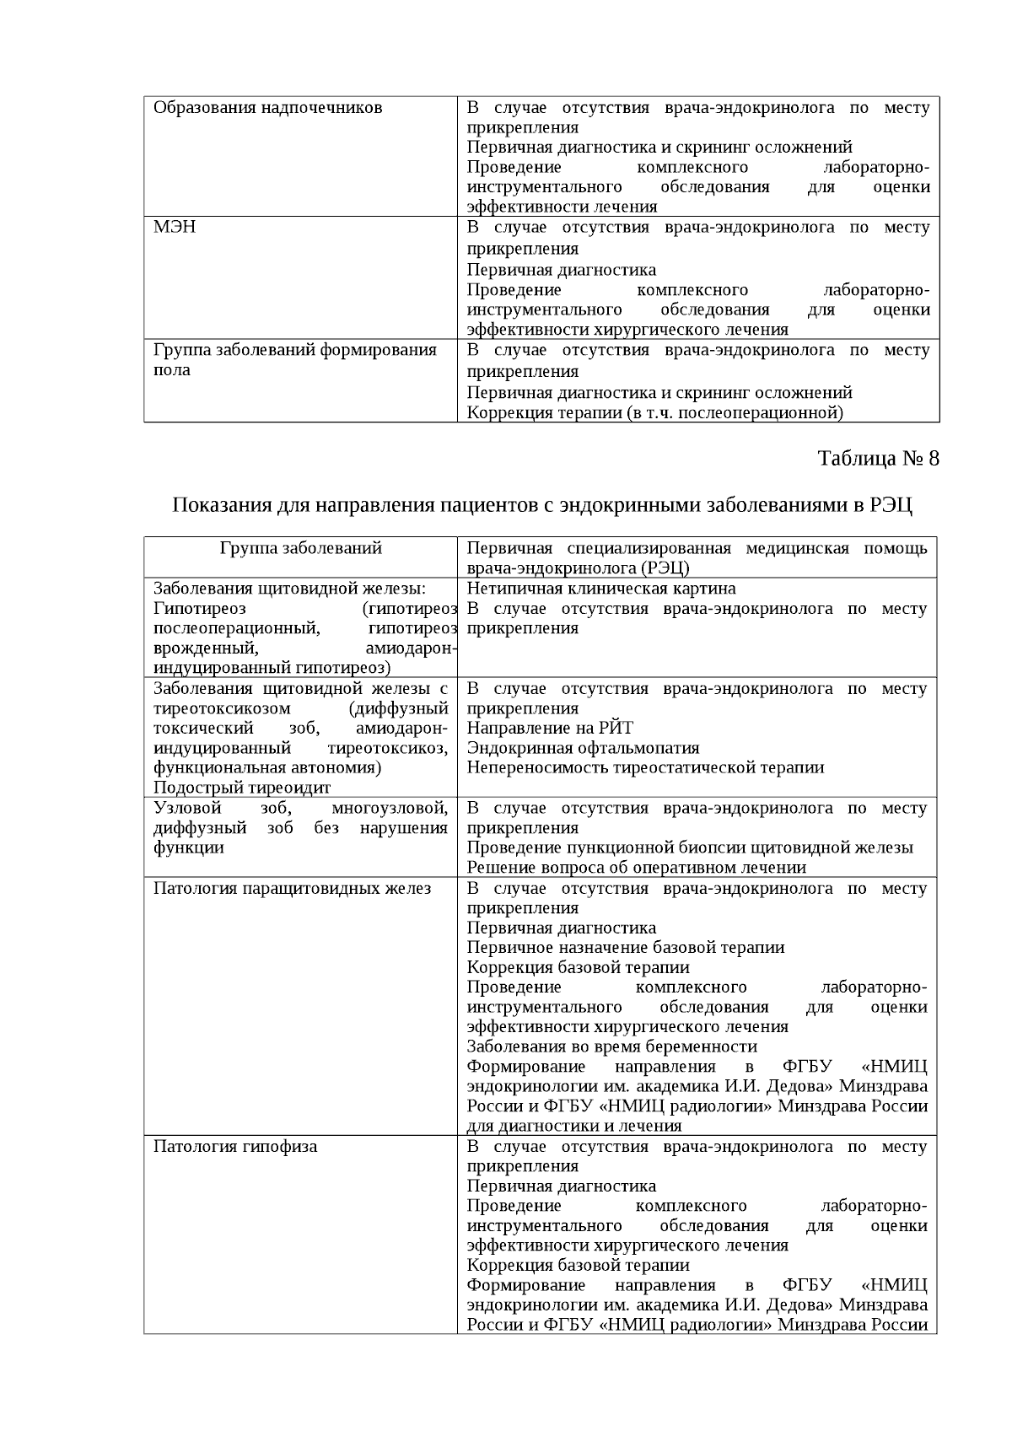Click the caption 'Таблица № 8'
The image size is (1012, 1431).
coord(878,459)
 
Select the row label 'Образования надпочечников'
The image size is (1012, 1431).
coord(267,108)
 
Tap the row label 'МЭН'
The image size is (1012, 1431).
coord(175,227)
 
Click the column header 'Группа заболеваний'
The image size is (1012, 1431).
coord(301,548)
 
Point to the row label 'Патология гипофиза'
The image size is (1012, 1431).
coord(235,1146)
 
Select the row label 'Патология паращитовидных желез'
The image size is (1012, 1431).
coord(292,888)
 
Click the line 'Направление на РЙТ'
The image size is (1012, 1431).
coord(550,728)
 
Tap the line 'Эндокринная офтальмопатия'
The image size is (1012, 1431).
coord(583,748)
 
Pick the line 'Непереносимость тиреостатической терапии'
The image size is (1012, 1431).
coord(645,767)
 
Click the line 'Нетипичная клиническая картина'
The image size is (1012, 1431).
coord(601,589)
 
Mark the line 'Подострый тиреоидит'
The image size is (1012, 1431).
coord(242,788)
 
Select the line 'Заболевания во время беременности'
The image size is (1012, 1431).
coord(612,1046)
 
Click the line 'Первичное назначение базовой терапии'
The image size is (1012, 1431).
coord(626,947)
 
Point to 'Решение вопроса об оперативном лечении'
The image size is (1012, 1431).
coord(637,867)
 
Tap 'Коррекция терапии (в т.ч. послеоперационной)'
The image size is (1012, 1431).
coord(655,412)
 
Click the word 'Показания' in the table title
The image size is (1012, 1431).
coord(220,506)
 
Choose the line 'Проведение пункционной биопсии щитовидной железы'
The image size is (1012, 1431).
coord(690,847)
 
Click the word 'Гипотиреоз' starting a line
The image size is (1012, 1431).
coord(200,609)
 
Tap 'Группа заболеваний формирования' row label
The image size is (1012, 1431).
coord(295,350)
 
